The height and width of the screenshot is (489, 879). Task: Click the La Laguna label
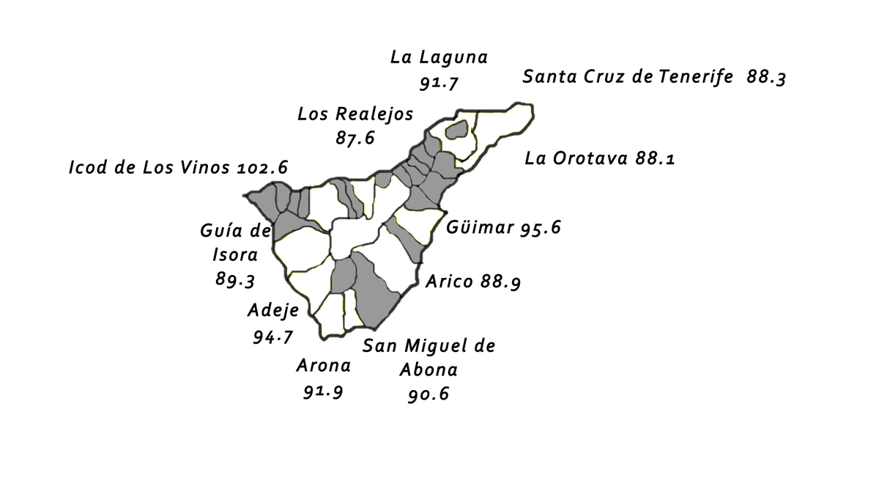(439, 57)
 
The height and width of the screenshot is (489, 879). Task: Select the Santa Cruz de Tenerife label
(628, 76)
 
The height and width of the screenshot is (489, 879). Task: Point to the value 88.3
(766, 77)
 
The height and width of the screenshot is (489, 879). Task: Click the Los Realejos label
(355, 114)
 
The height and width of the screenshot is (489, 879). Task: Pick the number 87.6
(355, 138)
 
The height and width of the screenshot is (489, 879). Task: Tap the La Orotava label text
(576, 158)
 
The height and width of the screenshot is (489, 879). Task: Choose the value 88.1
(654, 158)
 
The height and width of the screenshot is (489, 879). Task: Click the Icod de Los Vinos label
(151, 167)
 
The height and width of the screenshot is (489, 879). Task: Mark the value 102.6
(262, 167)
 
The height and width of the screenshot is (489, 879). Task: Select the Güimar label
(480, 227)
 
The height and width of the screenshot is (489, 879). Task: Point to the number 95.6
(541, 228)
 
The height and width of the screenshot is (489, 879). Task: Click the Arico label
(450, 282)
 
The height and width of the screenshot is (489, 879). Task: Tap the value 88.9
(501, 282)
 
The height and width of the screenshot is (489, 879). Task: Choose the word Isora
(235, 255)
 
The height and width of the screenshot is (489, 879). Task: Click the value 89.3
(235, 279)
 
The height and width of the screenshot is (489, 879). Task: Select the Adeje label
(273, 310)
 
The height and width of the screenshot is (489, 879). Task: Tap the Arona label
(323, 365)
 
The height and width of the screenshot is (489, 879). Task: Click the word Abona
(429, 369)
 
